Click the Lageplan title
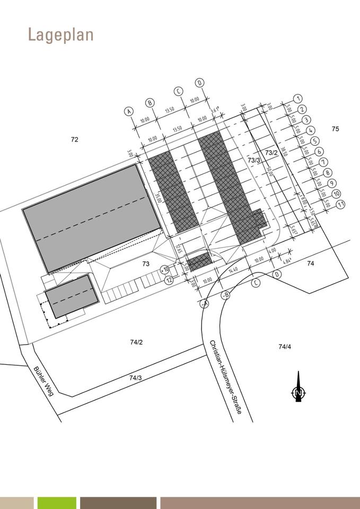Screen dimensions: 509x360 [60, 35]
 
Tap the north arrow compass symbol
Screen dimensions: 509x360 [298, 389]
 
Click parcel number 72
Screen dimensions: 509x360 [74, 139]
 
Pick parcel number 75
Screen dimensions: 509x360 [335, 129]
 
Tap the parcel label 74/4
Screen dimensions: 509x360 [285, 347]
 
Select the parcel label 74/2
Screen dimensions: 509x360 [136, 342]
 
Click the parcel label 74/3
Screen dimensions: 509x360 [135, 378]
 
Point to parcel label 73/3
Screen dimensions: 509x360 [254, 160]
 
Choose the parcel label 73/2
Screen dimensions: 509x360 [271, 153]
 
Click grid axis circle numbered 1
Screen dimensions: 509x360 [298, 99]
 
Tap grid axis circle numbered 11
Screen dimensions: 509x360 [341, 204]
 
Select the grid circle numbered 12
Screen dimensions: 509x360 [169, 280]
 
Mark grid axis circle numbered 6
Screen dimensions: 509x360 [319, 151]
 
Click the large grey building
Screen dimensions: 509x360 [91, 217]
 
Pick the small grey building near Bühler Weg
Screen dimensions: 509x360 [72, 296]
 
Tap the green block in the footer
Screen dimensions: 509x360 [57, 503]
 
